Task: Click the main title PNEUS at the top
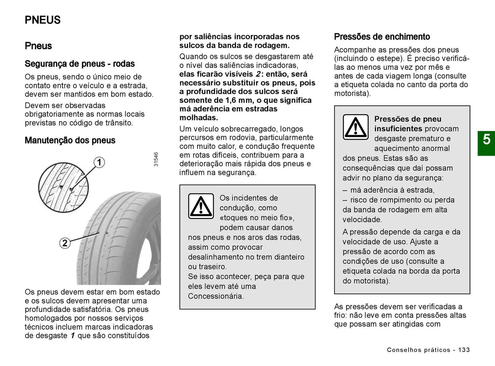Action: (x=43, y=20)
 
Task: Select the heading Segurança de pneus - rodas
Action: (x=80, y=64)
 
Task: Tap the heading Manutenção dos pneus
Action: (x=70, y=140)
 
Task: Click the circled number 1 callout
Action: (x=99, y=163)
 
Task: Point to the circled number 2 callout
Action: (x=65, y=243)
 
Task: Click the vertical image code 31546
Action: (x=156, y=159)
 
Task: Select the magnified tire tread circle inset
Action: (x=63, y=187)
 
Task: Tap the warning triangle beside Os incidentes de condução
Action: (x=201, y=206)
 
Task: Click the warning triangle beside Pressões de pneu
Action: (x=356, y=127)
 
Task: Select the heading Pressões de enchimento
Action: (x=382, y=37)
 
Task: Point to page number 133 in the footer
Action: (x=464, y=350)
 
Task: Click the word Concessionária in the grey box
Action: (x=216, y=296)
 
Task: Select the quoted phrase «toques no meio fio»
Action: (x=257, y=218)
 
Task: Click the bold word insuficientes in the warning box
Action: (x=398, y=129)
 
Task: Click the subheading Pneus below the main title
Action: (x=38, y=46)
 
